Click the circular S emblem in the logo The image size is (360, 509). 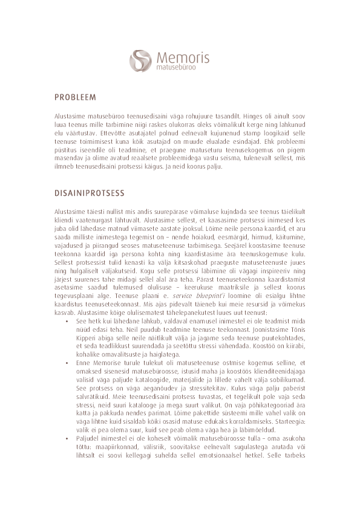[141, 60]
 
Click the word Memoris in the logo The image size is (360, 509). [183, 58]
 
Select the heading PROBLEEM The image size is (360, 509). [75, 97]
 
